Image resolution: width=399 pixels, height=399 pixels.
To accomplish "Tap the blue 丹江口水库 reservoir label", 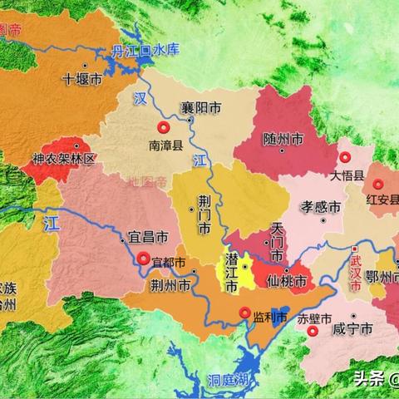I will (145, 52).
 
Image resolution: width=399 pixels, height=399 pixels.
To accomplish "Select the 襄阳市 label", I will (202, 107).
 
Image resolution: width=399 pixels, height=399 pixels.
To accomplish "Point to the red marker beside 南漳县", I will (165, 127).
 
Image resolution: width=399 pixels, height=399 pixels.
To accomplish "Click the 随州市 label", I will (282, 138).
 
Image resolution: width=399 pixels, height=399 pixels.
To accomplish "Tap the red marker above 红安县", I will (378, 185).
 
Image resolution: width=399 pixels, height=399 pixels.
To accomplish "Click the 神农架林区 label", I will (64, 158).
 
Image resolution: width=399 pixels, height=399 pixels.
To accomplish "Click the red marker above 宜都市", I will (144, 259).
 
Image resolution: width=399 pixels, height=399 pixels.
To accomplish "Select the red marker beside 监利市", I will (245, 313).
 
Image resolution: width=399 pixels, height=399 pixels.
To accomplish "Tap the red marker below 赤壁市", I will (313, 331).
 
